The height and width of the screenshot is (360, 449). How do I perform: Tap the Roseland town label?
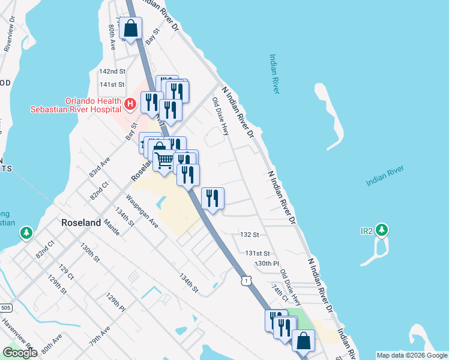[82, 223]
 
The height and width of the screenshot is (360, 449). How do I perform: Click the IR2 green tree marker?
[382, 230]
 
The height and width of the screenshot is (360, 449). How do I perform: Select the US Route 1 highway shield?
[245, 280]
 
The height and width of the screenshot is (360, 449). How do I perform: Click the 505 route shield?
[5, 308]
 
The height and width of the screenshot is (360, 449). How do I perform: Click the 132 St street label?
[249, 235]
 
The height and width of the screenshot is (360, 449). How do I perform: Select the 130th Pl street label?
[267, 263]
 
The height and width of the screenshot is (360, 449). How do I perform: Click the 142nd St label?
[112, 71]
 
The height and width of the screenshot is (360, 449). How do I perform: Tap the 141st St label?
[112, 85]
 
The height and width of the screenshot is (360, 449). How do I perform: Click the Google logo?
[20, 353]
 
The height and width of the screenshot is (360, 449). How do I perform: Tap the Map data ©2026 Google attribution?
[412, 355]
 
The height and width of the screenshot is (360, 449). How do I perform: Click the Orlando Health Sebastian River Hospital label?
[77, 104]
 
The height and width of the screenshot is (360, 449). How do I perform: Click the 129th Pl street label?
[116, 303]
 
